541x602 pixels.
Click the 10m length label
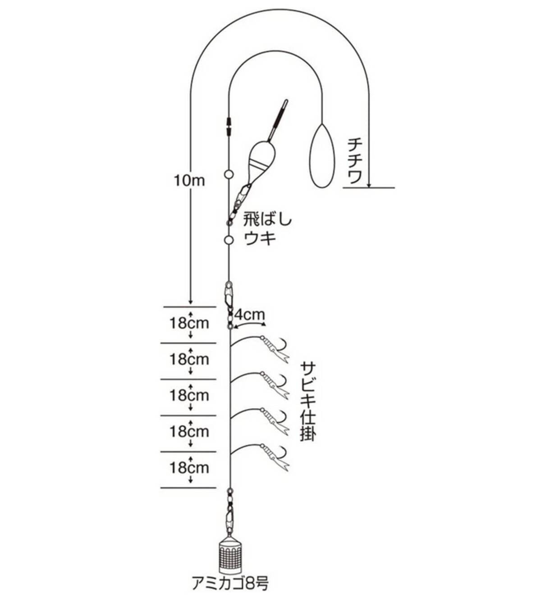pos(189,180)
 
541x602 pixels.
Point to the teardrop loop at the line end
pos(321,156)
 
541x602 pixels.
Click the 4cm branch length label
pos(249,315)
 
